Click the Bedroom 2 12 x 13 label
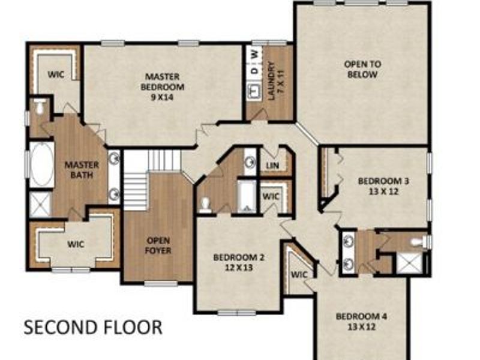click(x=239, y=262)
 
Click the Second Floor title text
click(x=93, y=328)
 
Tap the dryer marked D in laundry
click(x=254, y=71)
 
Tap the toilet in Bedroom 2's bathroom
click(x=205, y=203)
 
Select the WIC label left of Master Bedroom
click(x=56, y=75)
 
